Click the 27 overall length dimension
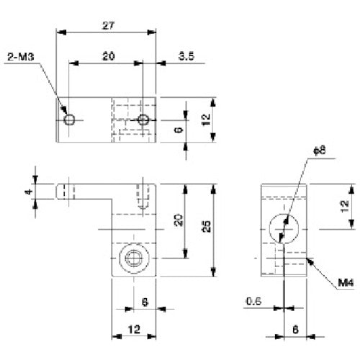pos(108,24)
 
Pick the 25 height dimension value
pos(207,228)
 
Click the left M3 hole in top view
pos(68,120)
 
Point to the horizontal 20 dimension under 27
pos(107,55)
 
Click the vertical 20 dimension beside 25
pos(179,220)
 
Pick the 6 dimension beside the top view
pos(178,130)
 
